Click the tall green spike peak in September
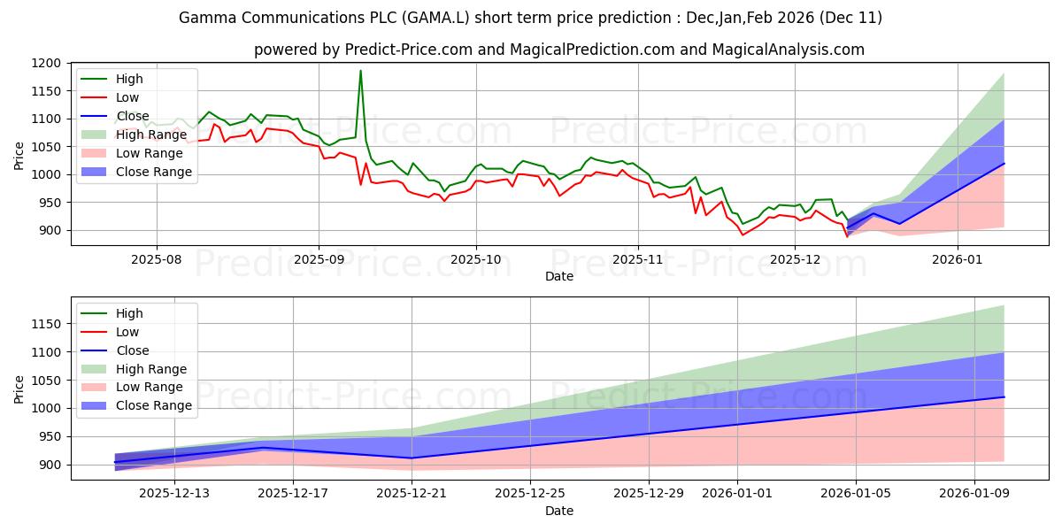(360, 71)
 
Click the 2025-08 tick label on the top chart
(157, 259)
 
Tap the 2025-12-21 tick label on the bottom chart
(412, 493)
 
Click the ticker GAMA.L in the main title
(392, 18)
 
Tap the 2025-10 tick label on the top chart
(476, 259)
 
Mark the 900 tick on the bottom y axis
(50, 465)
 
